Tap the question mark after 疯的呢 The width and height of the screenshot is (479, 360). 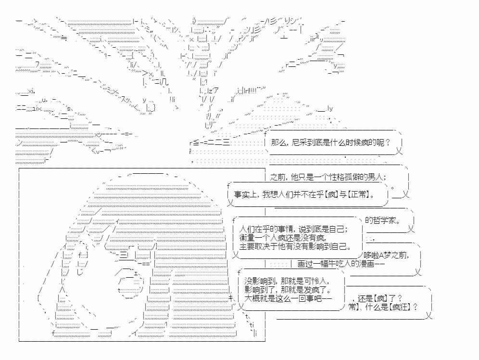coord(388,142)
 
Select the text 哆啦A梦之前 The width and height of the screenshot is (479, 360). coord(386,255)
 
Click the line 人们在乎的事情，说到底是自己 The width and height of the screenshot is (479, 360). coord(293,229)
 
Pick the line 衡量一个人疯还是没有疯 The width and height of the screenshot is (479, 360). coord(283,237)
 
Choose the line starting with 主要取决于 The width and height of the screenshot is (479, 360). coord(295,246)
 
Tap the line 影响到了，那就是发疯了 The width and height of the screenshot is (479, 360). coord(288,289)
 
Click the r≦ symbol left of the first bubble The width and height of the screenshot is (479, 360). coord(194,143)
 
